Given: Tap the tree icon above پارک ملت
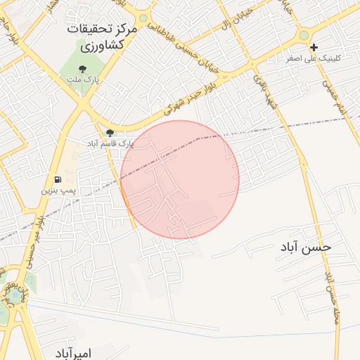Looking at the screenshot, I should point(83,70).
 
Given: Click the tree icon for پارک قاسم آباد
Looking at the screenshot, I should point(109,133).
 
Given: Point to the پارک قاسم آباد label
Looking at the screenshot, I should point(110,143).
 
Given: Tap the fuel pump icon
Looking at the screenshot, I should point(57,179).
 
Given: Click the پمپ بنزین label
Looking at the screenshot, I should point(57,190).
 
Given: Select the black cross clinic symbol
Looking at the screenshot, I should point(314,47).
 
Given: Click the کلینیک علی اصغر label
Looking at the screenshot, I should point(313,58).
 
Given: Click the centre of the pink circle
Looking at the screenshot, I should point(180,179).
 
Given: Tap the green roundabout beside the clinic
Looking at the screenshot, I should point(304,34).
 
